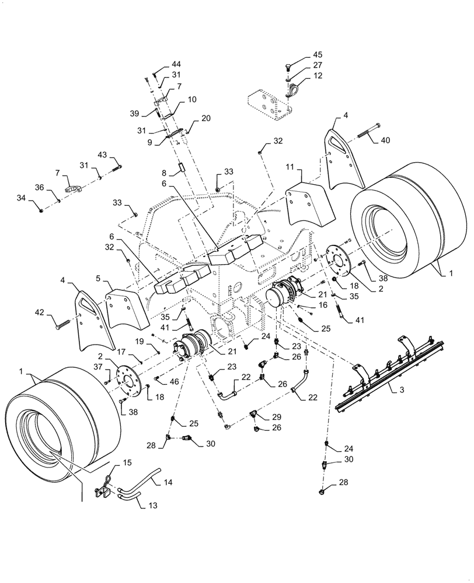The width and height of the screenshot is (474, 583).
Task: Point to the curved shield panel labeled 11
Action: tap(309, 204)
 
